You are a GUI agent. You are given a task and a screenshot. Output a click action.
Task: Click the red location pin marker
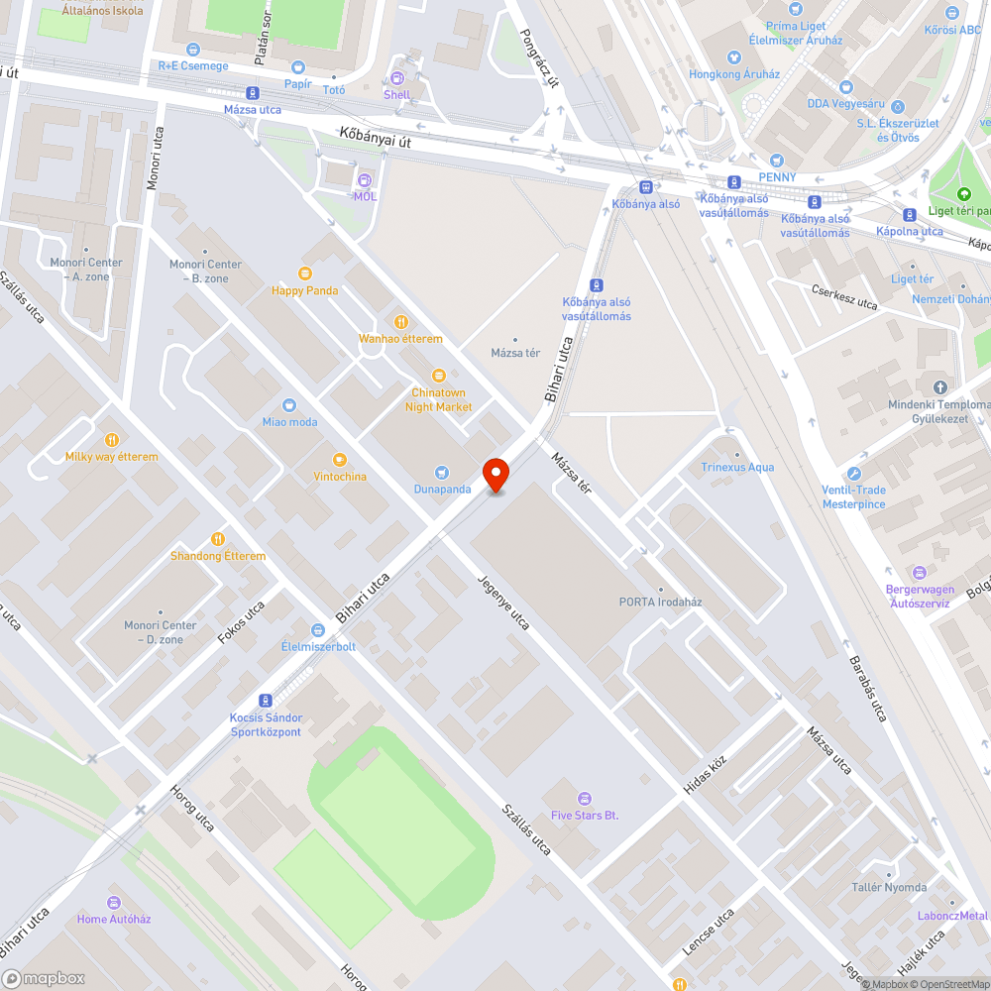click(495, 475)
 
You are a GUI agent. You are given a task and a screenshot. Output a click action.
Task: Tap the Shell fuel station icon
click(397, 78)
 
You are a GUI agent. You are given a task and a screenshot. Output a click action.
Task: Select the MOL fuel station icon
click(365, 180)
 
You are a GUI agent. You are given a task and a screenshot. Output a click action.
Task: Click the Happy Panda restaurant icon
click(305, 274)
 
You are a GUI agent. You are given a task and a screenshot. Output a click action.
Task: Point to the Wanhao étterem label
click(400, 339)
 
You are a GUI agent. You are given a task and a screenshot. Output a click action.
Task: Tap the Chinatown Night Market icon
click(439, 376)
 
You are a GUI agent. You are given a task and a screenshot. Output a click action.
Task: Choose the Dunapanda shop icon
click(443, 473)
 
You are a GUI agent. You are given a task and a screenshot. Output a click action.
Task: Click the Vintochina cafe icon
click(340, 460)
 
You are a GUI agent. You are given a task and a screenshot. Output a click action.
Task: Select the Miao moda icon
click(289, 405)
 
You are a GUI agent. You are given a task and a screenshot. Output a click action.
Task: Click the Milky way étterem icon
click(112, 440)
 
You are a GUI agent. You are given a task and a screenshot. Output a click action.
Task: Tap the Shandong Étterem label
click(218, 556)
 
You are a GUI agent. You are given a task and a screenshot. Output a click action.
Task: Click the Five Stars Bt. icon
click(585, 798)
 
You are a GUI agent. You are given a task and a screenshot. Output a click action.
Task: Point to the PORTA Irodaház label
click(660, 602)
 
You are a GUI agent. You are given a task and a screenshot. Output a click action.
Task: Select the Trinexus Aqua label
click(737, 467)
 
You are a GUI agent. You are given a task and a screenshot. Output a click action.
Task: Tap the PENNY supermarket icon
click(777, 161)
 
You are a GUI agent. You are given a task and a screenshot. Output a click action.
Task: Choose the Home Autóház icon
click(114, 902)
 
